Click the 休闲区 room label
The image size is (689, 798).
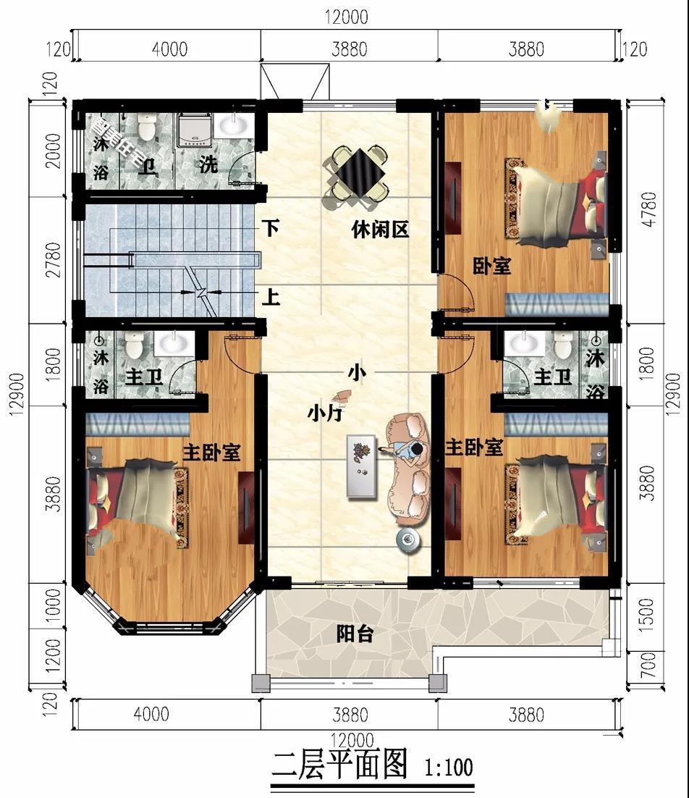[x=380, y=230]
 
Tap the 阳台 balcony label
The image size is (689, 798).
[x=355, y=634]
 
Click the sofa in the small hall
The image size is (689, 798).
[x=408, y=467]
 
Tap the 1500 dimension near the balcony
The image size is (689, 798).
[x=648, y=613]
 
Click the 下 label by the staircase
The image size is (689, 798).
[x=271, y=229]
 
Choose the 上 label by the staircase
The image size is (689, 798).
[x=271, y=297]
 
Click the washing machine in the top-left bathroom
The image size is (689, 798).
[x=193, y=130]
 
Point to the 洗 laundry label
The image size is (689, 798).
[x=208, y=164]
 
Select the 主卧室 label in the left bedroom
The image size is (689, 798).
[x=211, y=453]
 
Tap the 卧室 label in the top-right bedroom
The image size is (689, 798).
[x=492, y=266]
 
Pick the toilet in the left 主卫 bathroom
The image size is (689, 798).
[x=135, y=345]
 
